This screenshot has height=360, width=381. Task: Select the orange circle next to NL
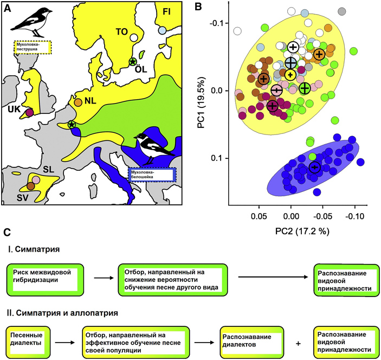pyautogui.click(x=79, y=101)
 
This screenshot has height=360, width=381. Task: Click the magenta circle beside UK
pyautogui.click(x=30, y=112)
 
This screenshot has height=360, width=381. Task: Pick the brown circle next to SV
pyautogui.click(x=31, y=186)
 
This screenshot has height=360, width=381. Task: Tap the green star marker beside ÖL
pyautogui.click(x=133, y=62)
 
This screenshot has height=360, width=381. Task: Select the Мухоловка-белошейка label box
pyautogui.click(x=151, y=173)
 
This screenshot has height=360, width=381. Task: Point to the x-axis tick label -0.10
pyautogui.click(x=354, y=215)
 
